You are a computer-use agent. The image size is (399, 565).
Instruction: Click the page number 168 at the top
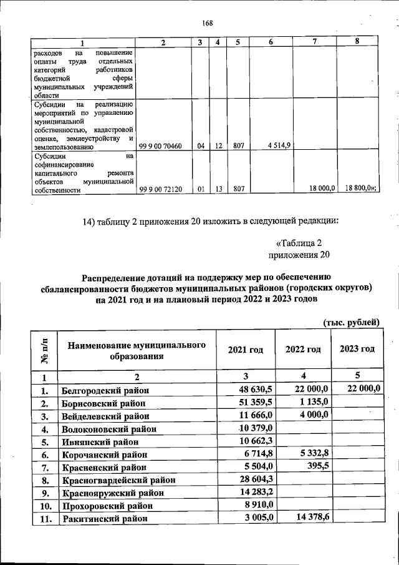click(x=208, y=24)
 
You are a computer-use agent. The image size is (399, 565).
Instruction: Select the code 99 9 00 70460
click(x=161, y=147)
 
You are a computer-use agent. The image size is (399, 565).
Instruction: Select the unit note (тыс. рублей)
click(x=351, y=322)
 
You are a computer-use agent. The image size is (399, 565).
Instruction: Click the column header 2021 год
click(x=248, y=350)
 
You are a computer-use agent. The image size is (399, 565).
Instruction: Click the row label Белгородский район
click(x=105, y=391)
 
